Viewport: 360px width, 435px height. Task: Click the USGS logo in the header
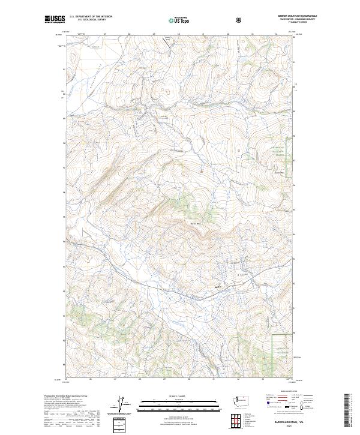[55, 19]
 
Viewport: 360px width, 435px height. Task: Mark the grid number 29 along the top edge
[154, 34]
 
